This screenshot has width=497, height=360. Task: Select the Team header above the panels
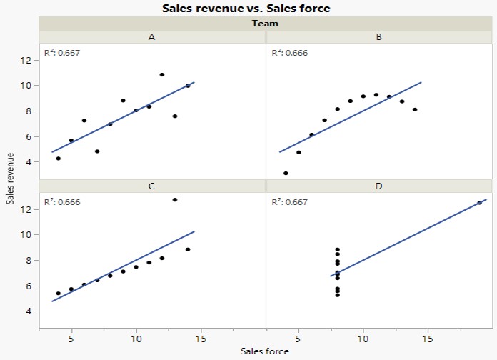265,23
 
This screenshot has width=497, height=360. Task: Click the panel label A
151,36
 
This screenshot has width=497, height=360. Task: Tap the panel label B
378,36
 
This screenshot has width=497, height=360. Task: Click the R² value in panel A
61,52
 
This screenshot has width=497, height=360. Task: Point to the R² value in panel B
288,52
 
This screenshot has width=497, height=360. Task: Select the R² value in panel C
61,202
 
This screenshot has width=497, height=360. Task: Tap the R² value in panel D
288,202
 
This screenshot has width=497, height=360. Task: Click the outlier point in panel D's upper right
480,203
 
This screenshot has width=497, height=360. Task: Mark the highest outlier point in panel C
175,199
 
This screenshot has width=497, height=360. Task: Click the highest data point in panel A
162,74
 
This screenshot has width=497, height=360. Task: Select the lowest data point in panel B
286,173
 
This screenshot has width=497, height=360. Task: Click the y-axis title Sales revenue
10,178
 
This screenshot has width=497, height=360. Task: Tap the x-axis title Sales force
265,351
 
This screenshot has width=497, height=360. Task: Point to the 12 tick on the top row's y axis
25,60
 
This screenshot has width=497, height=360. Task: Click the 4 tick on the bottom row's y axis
27,311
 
